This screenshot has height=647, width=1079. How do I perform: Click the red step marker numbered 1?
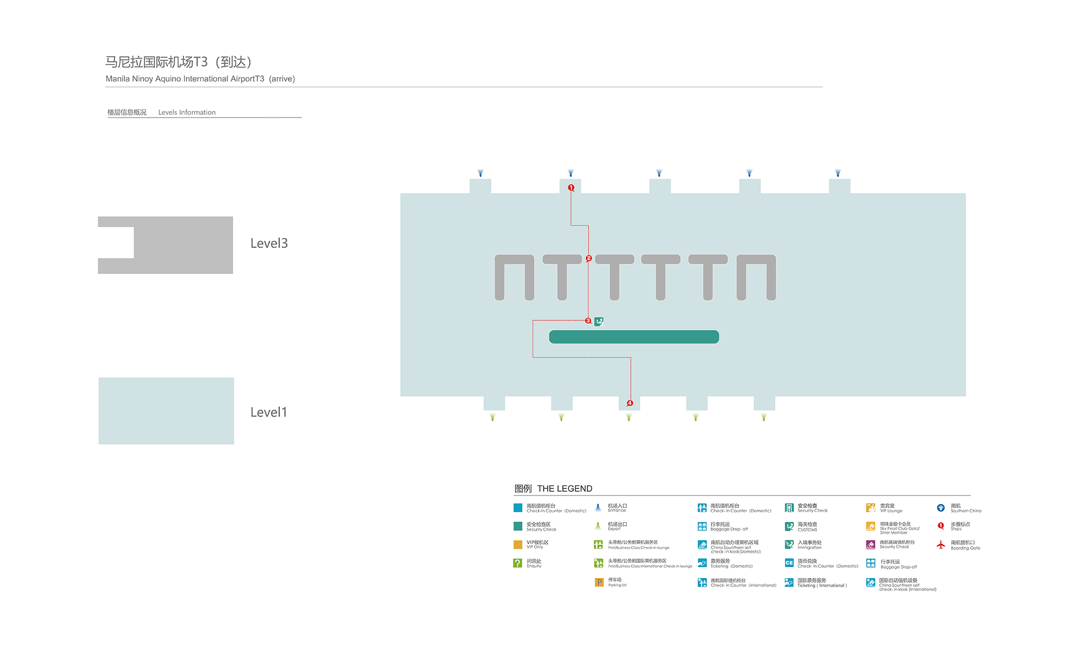pyautogui.click(x=571, y=188)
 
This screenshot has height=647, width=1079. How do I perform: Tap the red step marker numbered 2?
pyautogui.click(x=589, y=258)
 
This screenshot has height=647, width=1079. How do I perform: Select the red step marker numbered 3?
pyautogui.click(x=588, y=321)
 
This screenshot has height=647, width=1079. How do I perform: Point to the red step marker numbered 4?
pyautogui.click(x=630, y=403)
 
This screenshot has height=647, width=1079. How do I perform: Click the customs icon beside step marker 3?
pyautogui.click(x=599, y=321)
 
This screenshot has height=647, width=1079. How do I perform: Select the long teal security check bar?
pyautogui.click(x=634, y=337)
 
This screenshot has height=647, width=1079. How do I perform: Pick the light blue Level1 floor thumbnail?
pyautogui.click(x=166, y=411)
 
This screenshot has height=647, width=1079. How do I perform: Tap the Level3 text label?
pyautogui.click(x=269, y=243)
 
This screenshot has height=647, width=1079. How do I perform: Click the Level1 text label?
pyautogui.click(x=269, y=412)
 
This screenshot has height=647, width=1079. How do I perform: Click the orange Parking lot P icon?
pyautogui.click(x=599, y=582)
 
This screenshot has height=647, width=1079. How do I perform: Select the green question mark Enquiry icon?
pyautogui.click(x=517, y=563)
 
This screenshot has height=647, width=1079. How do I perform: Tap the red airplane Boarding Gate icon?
pyautogui.click(x=941, y=545)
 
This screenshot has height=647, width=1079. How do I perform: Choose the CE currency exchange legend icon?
pyautogui.click(x=789, y=563)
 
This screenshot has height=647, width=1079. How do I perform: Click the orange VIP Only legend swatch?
pyautogui.click(x=517, y=545)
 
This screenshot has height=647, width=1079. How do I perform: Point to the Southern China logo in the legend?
pyautogui.click(x=941, y=508)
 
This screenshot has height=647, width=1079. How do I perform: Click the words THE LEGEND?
pyautogui.click(x=564, y=488)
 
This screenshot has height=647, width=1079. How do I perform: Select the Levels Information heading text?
pyautogui.click(x=187, y=112)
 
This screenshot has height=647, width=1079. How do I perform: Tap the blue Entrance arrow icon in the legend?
pyautogui.click(x=598, y=507)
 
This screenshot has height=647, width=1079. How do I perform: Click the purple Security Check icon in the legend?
pyautogui.click(x=871, y=545)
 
